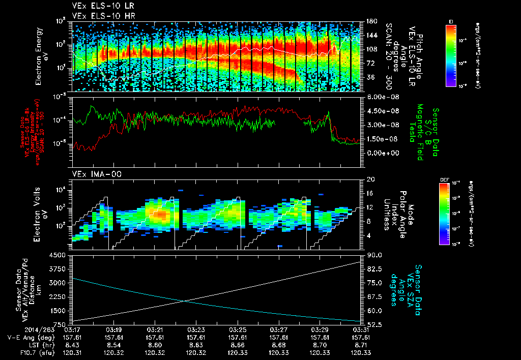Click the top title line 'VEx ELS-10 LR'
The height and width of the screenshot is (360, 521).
coord(99,6)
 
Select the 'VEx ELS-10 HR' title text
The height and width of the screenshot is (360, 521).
coord(99,15)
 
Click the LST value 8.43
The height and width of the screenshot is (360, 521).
coord(72,345)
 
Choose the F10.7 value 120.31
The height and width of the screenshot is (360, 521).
coord(72,352)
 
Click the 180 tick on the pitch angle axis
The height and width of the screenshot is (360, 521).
coord(370,21)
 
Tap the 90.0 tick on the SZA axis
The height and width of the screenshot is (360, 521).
coord(373,255)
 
